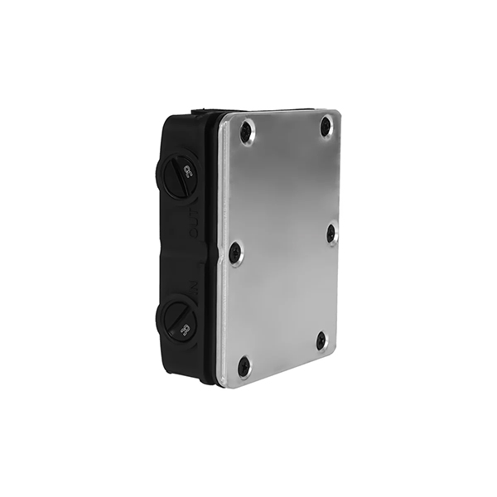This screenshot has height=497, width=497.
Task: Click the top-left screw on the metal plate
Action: (x=246, y=130)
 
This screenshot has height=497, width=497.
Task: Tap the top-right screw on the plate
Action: (x=326, y=127)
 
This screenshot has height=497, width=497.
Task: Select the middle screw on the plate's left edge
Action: (x=235, y=252)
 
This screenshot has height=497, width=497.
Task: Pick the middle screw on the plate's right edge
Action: (x=331, y=233)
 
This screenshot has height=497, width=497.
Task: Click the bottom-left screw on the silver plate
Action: (x=244, y=365)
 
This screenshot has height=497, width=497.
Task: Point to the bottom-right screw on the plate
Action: (x=321, y=340)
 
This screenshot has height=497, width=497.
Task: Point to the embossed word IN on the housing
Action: (x=192, y=289)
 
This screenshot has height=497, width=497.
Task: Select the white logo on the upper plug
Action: (x=190, y=172)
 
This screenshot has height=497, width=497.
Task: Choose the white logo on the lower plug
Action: (x=185, y=329)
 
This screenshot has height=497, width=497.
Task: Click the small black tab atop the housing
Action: (x=199, y=110)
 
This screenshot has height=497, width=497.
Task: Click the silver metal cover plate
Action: (x=282, y=248)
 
